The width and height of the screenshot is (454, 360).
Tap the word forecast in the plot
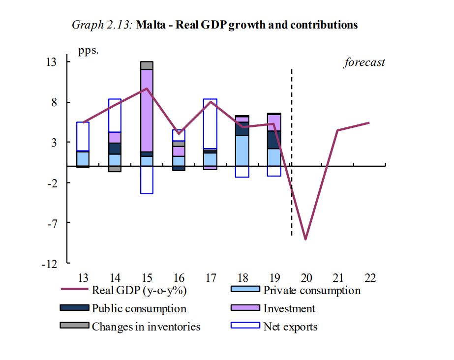[364, 62]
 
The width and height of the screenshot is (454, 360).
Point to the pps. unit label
[89, 51]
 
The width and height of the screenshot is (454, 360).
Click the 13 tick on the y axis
[64, 62]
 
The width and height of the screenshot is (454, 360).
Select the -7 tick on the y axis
[64, 223]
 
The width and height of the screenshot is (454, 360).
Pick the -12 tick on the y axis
[62, 264]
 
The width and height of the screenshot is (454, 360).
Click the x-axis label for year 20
[306, 278]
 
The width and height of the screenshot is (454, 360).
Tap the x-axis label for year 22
[370, 278]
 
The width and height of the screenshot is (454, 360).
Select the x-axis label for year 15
[147, 278]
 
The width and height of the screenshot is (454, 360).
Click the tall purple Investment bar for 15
[147, 111]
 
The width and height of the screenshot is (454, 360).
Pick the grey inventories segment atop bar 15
[147, 65]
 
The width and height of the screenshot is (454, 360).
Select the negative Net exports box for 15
[147, 180]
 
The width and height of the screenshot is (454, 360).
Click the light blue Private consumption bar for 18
[242, 150]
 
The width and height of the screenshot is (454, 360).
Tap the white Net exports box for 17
[210, 123]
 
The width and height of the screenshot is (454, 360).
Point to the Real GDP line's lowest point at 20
[306, 239]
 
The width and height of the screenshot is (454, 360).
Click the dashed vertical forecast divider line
[292, 148]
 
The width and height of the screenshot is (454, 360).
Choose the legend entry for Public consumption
[139, 308]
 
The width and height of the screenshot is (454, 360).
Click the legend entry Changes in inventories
[146, 326]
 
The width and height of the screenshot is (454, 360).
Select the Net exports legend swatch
[245, 325]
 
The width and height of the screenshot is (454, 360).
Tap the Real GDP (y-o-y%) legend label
[139, 290]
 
